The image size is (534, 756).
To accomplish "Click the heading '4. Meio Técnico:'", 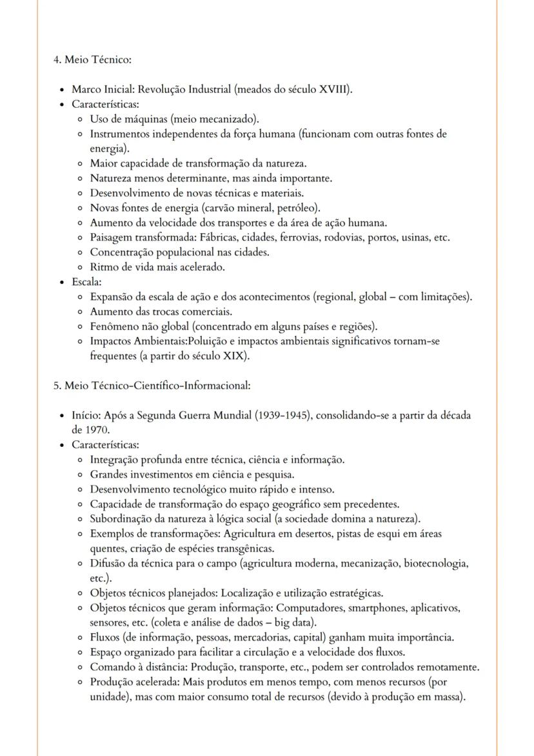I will pos(92,60).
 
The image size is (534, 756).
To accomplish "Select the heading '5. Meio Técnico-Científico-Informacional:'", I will pos(151,386).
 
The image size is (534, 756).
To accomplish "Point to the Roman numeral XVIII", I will pos(335,89).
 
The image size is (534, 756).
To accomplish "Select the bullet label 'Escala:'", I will pos(87,282).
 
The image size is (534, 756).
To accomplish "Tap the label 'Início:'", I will pos(86,416).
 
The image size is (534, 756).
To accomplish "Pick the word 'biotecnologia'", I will pos(435,564).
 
